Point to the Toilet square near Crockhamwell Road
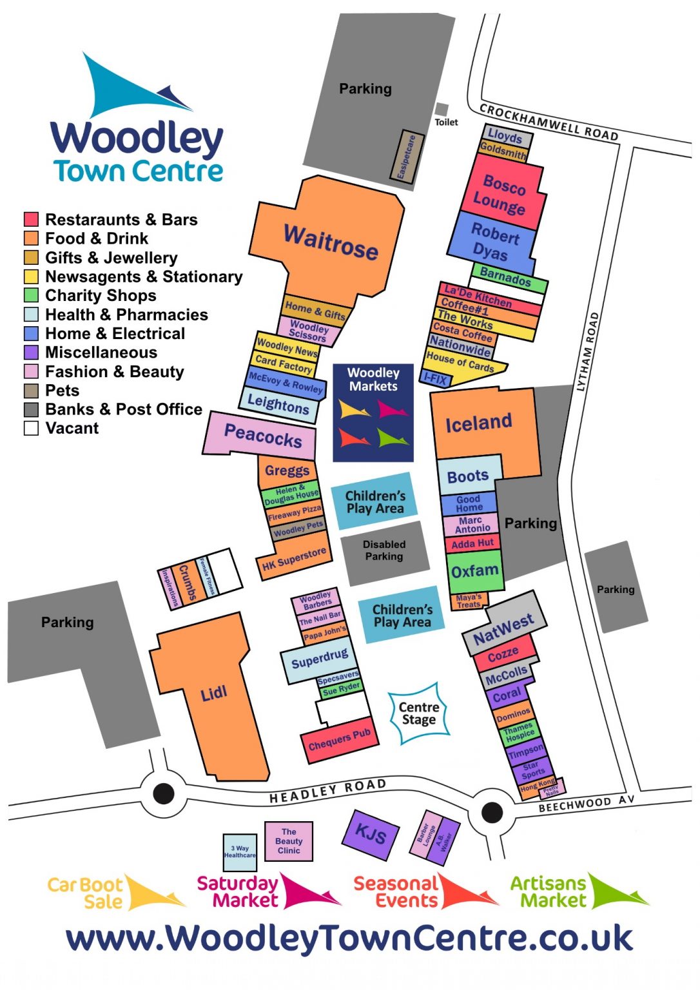(x=442, y=110)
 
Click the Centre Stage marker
(x=419, y=713)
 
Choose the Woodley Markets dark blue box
(x=373, y=412)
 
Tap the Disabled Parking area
(x=384, y=551)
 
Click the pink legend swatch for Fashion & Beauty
(x=31, y=372)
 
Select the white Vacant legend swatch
(x=31, y=429)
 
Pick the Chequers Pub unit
(x=338, y=740)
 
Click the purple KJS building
(x=370, y=835)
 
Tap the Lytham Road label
(x=588, y=352)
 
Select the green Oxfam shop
(x=474, y=571)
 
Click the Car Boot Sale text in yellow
(x=85, y=893)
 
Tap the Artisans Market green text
(x=548, y=892)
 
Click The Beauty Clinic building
(x=289, y=841)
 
